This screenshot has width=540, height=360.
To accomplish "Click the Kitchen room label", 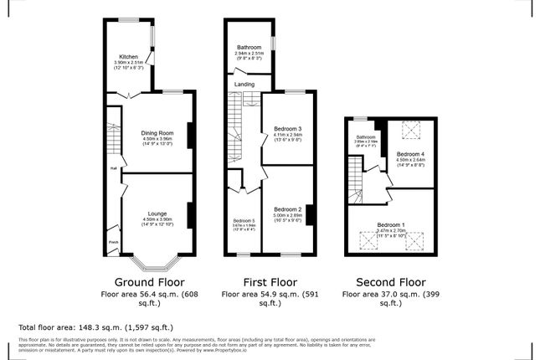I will (x=128, y=57).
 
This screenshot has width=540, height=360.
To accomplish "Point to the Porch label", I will (x=112, y=244).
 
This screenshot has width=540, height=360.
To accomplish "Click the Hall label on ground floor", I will (x=111, y=167).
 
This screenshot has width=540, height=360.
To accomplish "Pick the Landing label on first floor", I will (x=244, y=85).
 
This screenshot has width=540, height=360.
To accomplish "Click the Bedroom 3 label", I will (x=287, y=128).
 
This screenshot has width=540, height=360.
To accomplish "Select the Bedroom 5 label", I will (x=243, y=219).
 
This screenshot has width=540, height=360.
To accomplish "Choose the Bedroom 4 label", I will (x=411, y=155).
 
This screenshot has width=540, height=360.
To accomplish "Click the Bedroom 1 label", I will (x=390, y=225).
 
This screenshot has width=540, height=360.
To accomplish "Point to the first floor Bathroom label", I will (x=249, y=48).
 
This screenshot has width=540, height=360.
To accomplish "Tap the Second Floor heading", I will (x=390, y=282).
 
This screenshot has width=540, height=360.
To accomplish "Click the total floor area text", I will (x=95, y=327).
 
